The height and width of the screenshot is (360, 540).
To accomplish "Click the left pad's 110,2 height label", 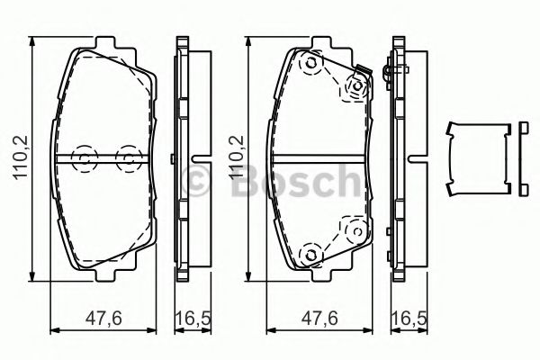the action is click(x=21, y=157).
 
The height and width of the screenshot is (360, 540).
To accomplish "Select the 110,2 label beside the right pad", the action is click(x=236, y=157).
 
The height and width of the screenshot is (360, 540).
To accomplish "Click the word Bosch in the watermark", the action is click(x=297, y=181).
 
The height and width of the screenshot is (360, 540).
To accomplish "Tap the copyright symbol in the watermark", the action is click(x=195, y=180).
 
